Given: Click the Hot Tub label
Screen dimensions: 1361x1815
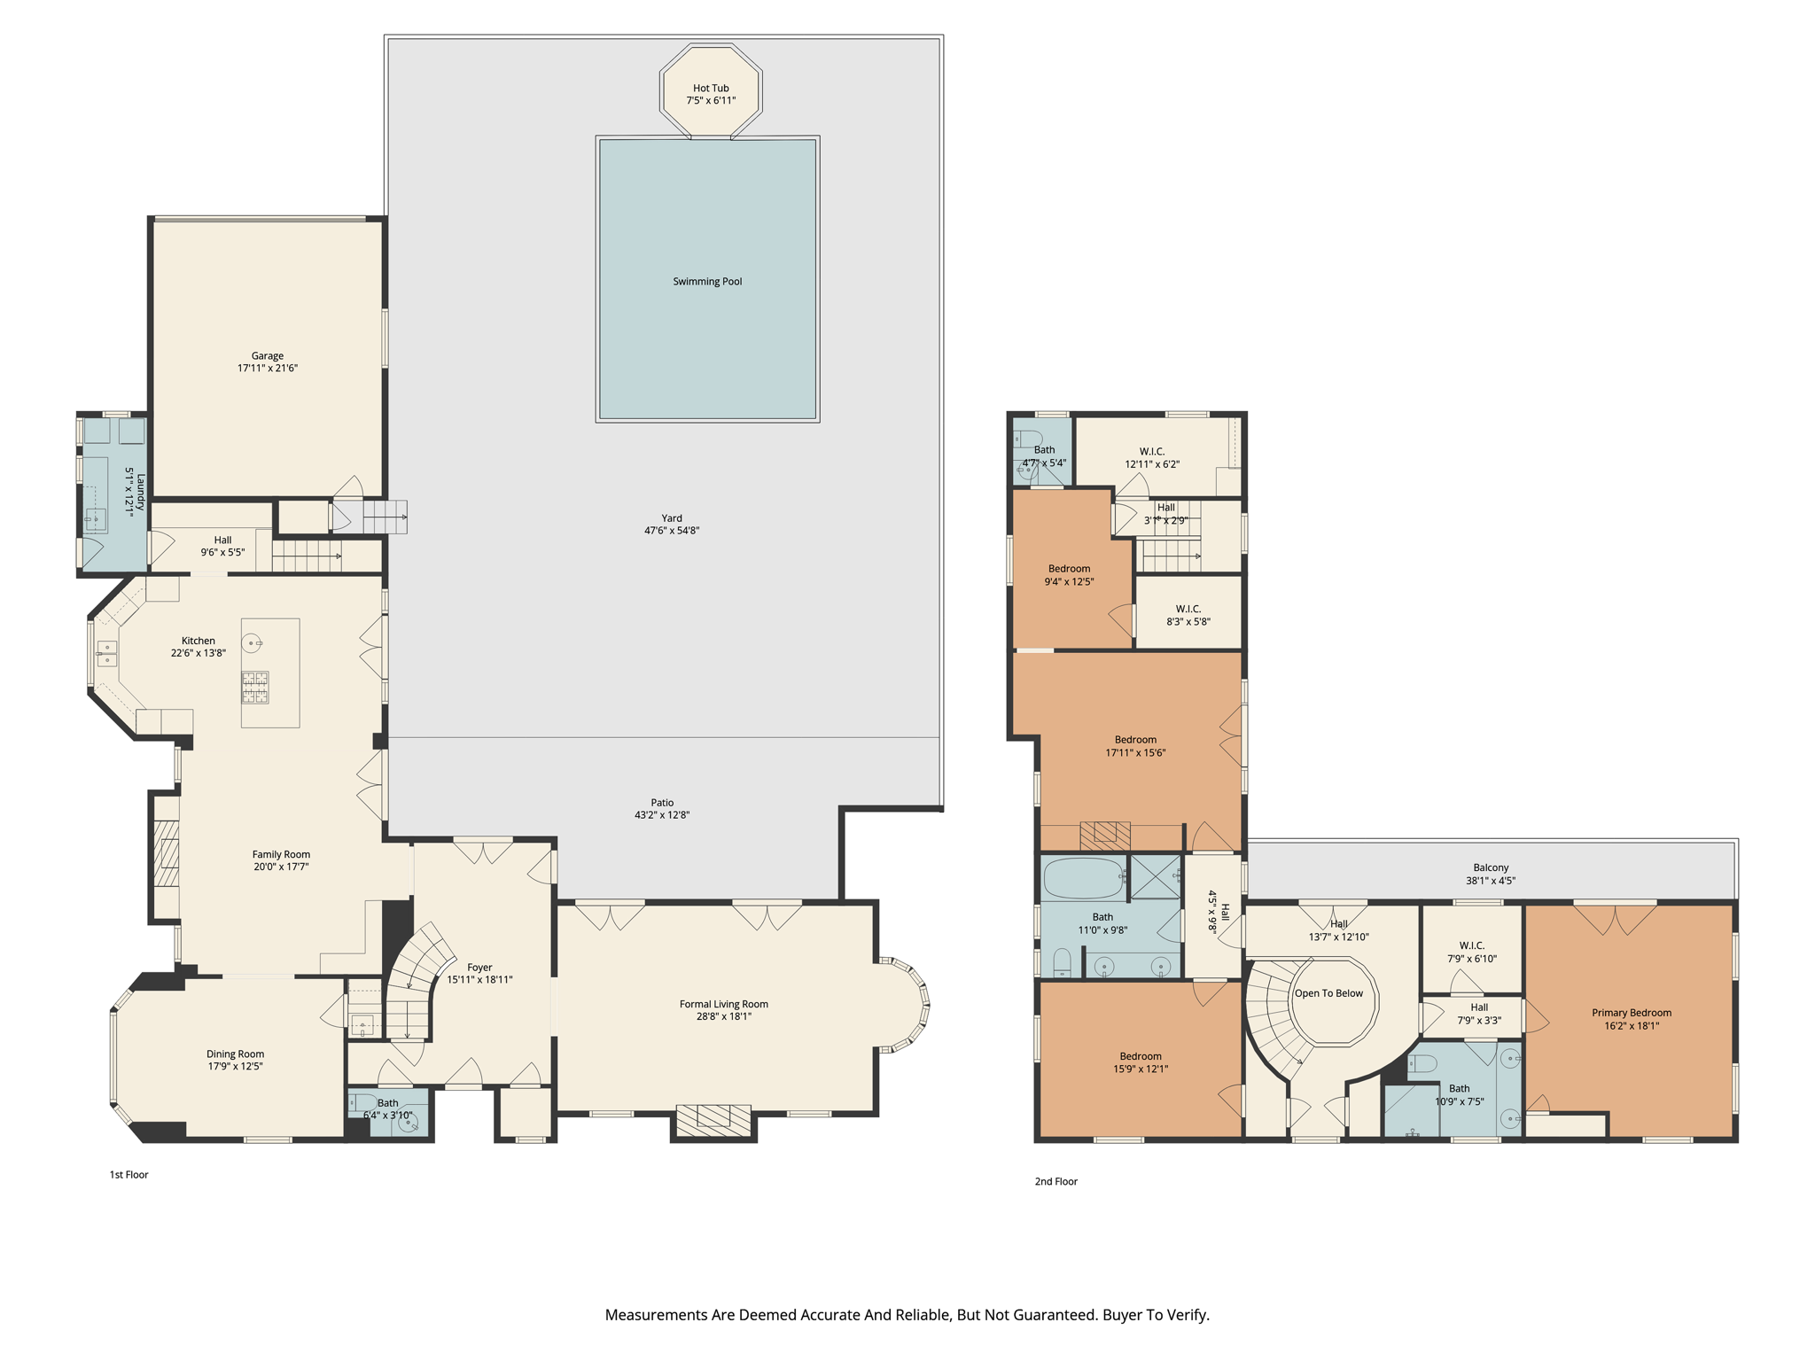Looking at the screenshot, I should point(711,89).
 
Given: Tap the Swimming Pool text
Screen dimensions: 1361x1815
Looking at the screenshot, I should point(707,282).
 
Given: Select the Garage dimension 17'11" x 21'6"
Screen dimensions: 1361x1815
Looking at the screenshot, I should point(267,369).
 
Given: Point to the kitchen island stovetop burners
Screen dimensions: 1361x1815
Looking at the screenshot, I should point(255,688).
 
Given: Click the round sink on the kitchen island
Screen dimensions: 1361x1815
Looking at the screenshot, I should point(252,643).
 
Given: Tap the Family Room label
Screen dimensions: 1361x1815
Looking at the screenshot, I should point(281,854).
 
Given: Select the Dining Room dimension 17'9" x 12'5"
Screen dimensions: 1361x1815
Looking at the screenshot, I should point(235,1067).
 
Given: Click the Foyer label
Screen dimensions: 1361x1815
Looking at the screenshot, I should point(479,968).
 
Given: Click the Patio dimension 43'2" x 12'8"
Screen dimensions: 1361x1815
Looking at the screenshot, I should point(661,815).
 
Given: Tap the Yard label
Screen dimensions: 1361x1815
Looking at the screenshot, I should point(672,518).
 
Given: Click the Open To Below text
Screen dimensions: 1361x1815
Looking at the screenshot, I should point(1328,993).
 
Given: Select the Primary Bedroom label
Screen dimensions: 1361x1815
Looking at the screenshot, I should point(1631,1013).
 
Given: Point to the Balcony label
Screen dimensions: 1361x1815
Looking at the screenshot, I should point(1491,868).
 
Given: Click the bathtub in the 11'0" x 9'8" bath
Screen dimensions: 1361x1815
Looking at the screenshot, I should point(1083,879).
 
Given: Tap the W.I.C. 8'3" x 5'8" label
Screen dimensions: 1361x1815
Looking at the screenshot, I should point(1188,609).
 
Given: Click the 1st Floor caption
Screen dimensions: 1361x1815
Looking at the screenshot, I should point(129,1175).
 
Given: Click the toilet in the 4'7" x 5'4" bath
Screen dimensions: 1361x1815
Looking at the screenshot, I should point(1028,438).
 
